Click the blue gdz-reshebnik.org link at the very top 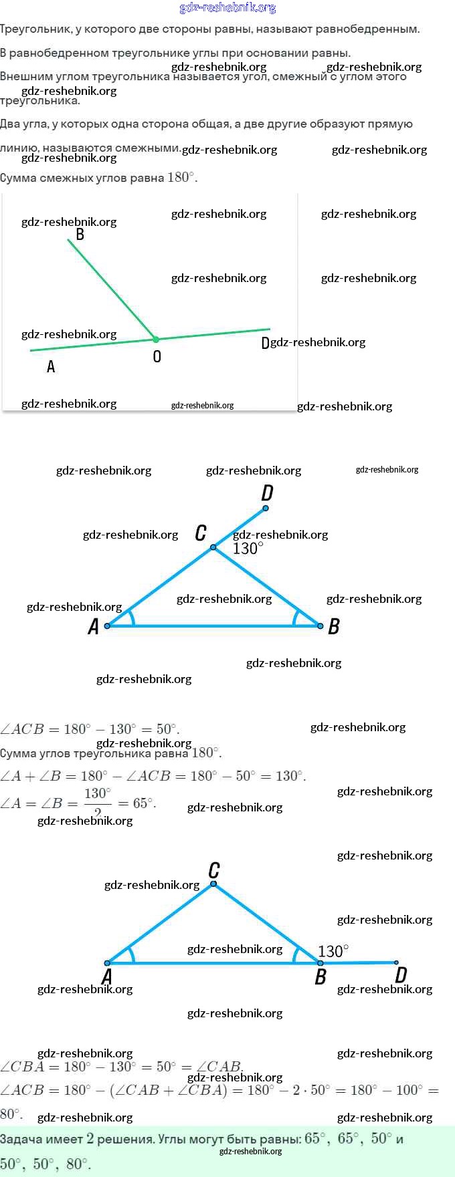[227, 7]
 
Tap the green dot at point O [156, 340]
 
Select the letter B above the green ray [80, 234]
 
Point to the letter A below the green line [51, 366]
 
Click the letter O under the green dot [157, 356]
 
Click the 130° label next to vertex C [248, 549]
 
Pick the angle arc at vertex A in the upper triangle [131, 618]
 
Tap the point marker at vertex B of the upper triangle [321, 626]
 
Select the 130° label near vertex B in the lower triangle [333, 951]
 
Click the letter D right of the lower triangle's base [401, 975]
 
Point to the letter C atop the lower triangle [214, 870]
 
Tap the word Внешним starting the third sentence [22, 76]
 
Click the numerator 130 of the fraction [97, 793]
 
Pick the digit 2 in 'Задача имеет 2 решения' [90, 1139]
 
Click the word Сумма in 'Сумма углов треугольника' [18, 753]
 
